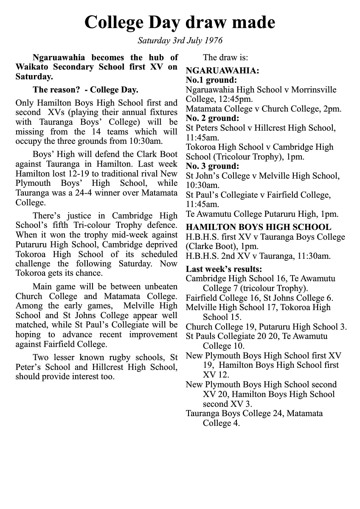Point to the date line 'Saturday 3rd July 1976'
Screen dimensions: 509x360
tap(180, 41)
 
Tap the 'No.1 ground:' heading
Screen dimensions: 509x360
tap(211, 80)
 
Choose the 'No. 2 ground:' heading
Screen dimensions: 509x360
tap(213, 118)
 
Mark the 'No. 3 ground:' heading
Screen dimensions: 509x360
tap(213, 166)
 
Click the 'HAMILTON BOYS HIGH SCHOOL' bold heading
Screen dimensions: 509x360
tap(259, 227)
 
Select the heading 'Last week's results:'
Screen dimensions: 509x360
tap(224, 269)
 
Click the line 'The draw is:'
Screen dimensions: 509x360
tap(225, 57)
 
